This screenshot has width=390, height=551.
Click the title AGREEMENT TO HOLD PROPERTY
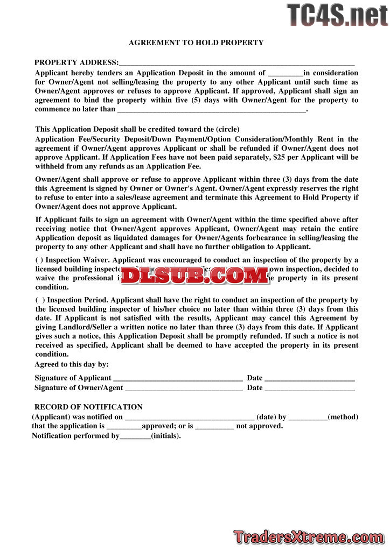196,43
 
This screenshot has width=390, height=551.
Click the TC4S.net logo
338,15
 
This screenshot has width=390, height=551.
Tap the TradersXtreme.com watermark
309,536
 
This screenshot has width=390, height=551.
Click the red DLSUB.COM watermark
195,275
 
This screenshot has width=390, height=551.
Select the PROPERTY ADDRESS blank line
236,63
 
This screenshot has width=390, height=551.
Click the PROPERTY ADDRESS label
76,62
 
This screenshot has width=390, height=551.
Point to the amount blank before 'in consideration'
285,74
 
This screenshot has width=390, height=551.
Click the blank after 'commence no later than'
211,110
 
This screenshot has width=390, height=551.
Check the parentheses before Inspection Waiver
39,260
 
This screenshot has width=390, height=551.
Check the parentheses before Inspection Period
40,300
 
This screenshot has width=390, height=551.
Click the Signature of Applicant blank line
178,379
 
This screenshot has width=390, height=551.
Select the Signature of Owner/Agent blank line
184,388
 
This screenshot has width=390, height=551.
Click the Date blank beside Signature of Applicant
310,379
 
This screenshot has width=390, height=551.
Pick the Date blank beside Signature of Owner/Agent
310,388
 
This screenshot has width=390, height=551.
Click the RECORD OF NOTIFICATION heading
88,407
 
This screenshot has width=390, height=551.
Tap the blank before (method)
308,418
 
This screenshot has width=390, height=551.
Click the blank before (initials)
135,436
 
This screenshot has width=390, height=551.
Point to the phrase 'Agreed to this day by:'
72,365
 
